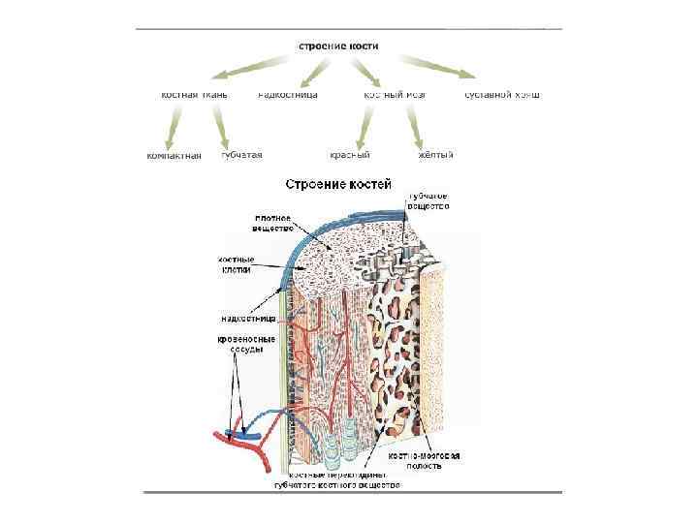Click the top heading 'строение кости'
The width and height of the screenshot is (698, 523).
coord(337,46)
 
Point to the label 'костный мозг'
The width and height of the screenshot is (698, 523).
coord(395,95)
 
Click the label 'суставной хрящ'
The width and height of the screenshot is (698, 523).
coord(502,95)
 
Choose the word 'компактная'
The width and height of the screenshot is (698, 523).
coord(174,155)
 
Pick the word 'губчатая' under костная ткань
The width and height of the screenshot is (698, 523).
coord(242,155)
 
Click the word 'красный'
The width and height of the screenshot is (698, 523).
coord(351,155)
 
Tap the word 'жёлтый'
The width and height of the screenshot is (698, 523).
coord(435,155)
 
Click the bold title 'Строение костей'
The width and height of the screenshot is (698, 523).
coord(337,183)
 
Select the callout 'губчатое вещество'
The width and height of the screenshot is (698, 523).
coord(428,200)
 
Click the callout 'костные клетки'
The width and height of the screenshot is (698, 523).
coord(235,264)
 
